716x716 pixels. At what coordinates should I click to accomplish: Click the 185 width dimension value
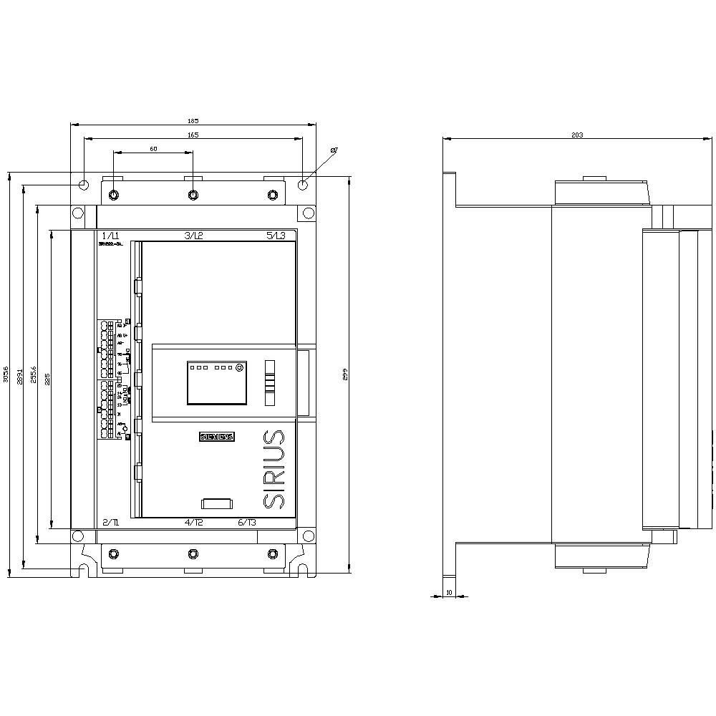pos(193,121)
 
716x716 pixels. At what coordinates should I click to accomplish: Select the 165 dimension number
pos(193,135)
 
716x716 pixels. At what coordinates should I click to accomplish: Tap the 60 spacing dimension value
pos(153,149)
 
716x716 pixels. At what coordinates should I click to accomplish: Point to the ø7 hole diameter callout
pos(334,150)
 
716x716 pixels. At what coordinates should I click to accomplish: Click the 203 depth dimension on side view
pos(577,135)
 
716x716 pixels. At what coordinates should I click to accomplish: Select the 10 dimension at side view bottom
pos(449,592)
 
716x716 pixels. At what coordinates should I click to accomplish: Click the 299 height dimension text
pos(344,374)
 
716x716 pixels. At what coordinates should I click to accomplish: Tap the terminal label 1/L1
pos(110,236)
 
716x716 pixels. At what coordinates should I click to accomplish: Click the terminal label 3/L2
pos(193,236)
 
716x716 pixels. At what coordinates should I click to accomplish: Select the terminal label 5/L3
pos(275,236)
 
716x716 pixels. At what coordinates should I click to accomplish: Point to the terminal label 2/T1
pos(111,523)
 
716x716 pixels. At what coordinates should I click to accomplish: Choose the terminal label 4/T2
pos(194,523)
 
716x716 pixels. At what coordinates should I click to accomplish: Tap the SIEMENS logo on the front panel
pos(217,437)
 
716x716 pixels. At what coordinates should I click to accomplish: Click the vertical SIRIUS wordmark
pos(274,470)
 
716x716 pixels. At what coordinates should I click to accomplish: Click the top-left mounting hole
pos(84,185)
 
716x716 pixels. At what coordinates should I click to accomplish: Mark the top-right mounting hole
pos(303,185)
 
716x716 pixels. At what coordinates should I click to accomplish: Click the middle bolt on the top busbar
pos(193,195)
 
